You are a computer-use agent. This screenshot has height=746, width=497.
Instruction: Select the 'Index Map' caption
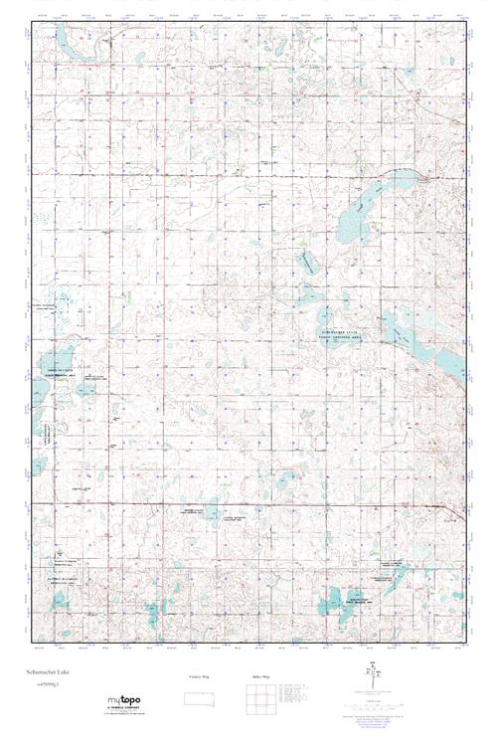tap(255, 675)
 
